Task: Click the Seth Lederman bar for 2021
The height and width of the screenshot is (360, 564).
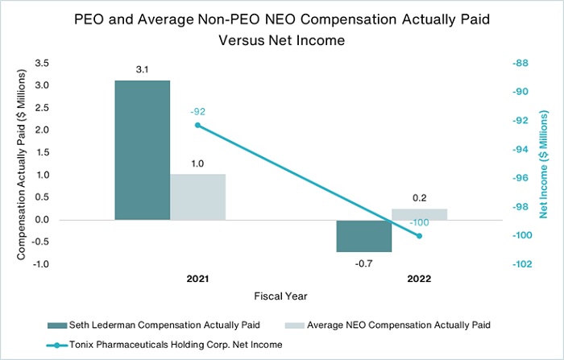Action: tap(143, 150)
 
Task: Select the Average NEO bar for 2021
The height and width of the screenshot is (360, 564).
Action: tap(198, 197)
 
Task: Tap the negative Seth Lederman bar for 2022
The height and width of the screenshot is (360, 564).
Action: tap(363, 236)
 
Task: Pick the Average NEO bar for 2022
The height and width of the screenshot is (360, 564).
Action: tap(419, 214)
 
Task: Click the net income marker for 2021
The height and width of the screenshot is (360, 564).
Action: tap(198, 125)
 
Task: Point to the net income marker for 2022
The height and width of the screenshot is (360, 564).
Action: tap(419, 236)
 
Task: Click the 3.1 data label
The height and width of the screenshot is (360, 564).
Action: tap(143, 71)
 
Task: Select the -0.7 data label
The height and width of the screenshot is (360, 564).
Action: tap(363, 263)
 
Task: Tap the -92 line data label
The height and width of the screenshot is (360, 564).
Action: tap(198, 110)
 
